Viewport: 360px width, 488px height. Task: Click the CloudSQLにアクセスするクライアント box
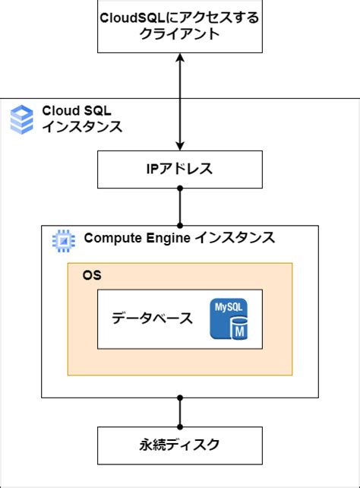(179, 27)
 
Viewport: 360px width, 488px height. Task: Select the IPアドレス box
(179, 169)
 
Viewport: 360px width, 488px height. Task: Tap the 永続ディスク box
(179, 444)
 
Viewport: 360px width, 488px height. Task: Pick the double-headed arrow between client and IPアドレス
(180, 101)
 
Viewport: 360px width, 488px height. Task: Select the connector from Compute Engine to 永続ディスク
(180, 412)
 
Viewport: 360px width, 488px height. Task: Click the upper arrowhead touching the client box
(180, 59)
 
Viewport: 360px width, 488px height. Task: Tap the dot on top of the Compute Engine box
(180, 225)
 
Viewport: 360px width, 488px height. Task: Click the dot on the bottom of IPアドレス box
(180, 189)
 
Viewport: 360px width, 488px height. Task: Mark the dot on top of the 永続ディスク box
(180, 426)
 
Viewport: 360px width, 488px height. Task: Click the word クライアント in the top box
(179, 36)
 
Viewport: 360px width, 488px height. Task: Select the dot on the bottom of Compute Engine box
(180, 398)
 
